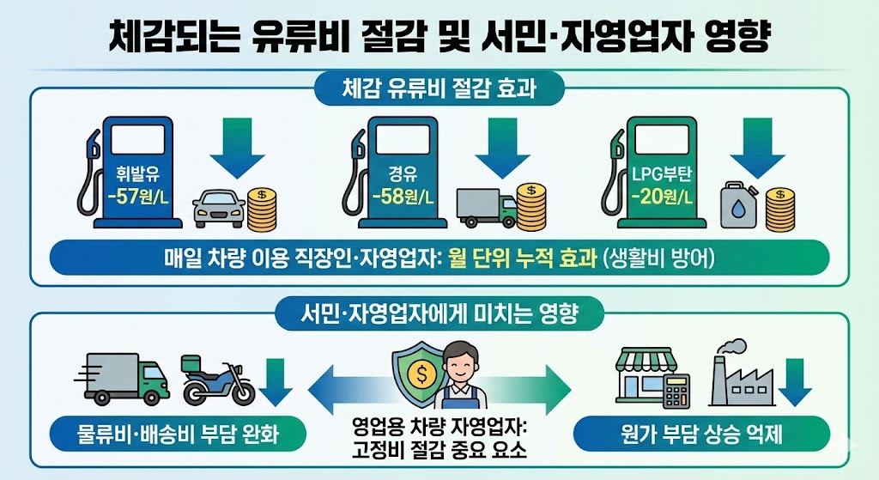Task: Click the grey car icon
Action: [218, 209]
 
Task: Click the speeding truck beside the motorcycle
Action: [125, 378]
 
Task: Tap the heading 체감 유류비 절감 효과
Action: [439, 88]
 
